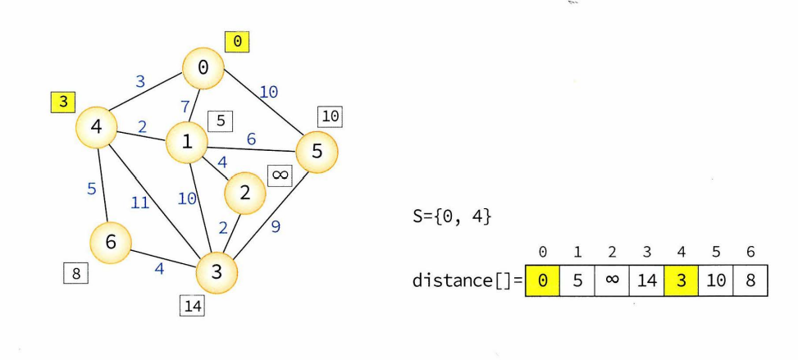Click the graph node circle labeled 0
point(203,69)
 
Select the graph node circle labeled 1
point(187,143)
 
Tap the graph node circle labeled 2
point(244,192)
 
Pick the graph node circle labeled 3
point(217,271)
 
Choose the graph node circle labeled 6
point(112,242)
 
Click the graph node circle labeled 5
point(316,153)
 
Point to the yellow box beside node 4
point(62,103)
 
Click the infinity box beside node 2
point(280,176)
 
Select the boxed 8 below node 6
point(75,273)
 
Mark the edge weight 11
point(140,203)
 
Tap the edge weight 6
point(251,139)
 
